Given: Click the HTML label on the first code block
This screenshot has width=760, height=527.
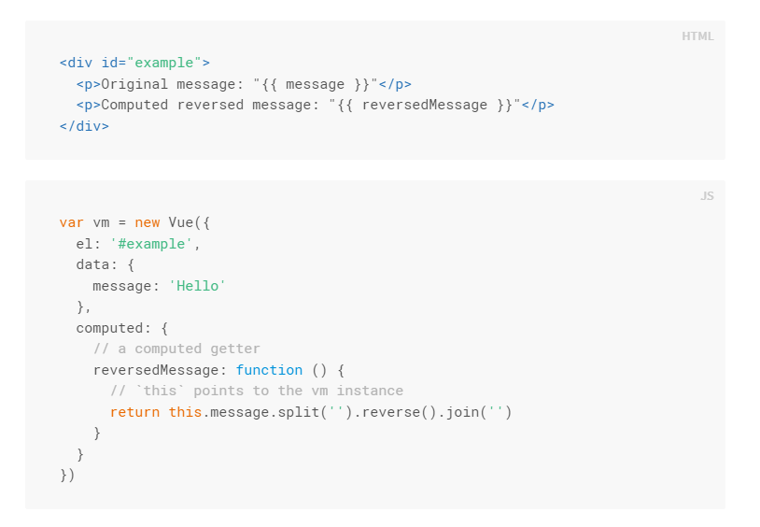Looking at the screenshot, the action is (x=697, y=36).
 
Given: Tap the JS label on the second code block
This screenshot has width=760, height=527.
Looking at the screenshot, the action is (x=707, y=196).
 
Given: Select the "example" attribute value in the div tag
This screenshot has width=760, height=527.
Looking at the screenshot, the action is (x=164, y=63).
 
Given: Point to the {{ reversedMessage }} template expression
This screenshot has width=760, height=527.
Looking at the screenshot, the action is (x=425, y=105).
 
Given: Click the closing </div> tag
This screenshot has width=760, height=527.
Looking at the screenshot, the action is (x=84, y=125).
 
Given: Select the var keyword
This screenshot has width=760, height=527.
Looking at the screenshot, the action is (x=72, y=222).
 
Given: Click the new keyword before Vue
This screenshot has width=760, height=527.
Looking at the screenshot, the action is (x=147, y=222).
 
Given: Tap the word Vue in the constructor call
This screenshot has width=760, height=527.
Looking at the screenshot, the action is (x=180, y=222).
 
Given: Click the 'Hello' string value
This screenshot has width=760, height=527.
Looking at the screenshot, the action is (x=197, y=286).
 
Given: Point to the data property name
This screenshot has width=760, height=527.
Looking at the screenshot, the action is (x=92, y=264).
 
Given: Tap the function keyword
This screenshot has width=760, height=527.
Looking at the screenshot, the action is (x=269, y=370).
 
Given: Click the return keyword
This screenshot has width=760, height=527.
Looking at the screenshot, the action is (x=134, y=412).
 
